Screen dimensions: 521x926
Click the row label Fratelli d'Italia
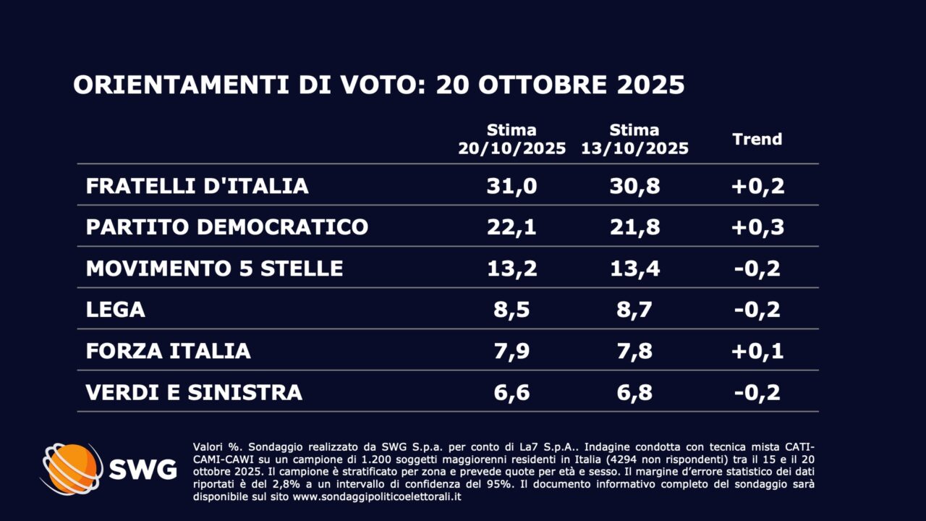tap(197, 186)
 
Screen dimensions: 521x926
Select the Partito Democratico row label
tap(226, 227)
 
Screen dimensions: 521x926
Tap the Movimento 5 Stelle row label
tap(214, 268)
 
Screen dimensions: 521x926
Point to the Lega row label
tap(115, 310)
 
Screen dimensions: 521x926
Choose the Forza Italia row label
tap(168, 351)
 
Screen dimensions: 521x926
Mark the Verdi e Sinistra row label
tap(194, 392)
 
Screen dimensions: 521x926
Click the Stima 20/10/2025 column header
tap(511, 140)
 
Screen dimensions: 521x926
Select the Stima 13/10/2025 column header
tap(634, 140)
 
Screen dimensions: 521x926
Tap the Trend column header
tap(757, 140)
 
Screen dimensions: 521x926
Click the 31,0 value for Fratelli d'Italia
tap(511, 186)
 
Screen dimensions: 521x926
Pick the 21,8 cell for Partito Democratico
tap(634, 227)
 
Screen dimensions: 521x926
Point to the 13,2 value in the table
tap(511, 268)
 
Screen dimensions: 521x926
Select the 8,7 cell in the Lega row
tap(634, 310)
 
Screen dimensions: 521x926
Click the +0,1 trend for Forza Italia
tap(757, 351)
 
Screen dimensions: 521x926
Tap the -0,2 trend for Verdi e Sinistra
tap(757, 392)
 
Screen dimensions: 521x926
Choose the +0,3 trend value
tap(757, 227)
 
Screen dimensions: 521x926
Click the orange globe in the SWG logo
tap(72, 468)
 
